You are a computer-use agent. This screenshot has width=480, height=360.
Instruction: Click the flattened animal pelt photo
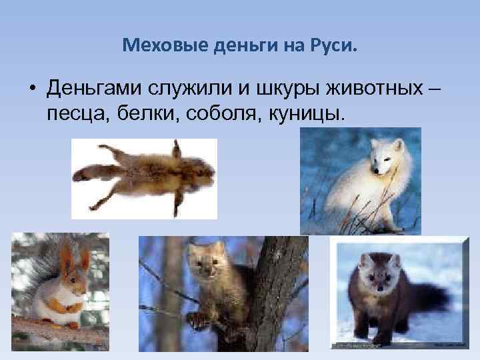click(x=144, y=177)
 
